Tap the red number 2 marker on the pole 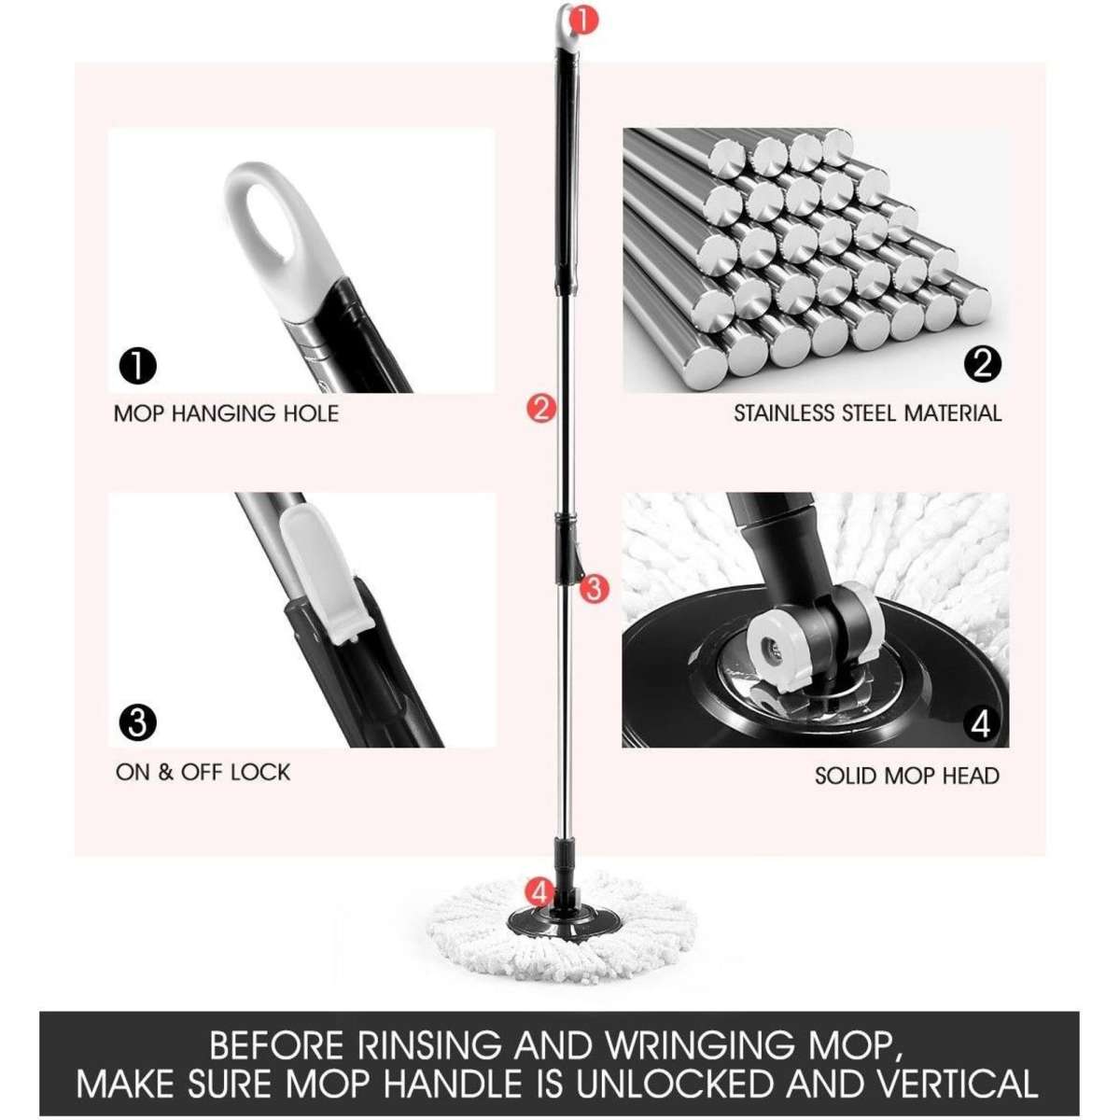[541, 408]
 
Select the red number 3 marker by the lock [595, 588]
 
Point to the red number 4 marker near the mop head [539, 890]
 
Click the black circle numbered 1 [137, 366]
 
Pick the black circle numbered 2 [981, 363]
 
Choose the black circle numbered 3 [137, 723]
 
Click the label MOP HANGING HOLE [226, 413]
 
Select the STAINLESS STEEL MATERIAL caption [867, 413]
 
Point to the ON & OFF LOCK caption [203, 773]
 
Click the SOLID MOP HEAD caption [906, 776]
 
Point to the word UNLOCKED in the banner [675, 1085]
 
